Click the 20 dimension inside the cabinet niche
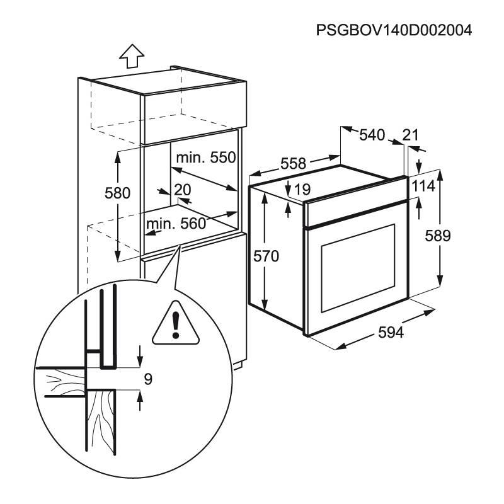(x=182, y=189)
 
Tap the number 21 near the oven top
(x=410, y=135)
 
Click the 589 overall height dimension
(x=438, y=236)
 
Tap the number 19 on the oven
(x=302, y=188)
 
